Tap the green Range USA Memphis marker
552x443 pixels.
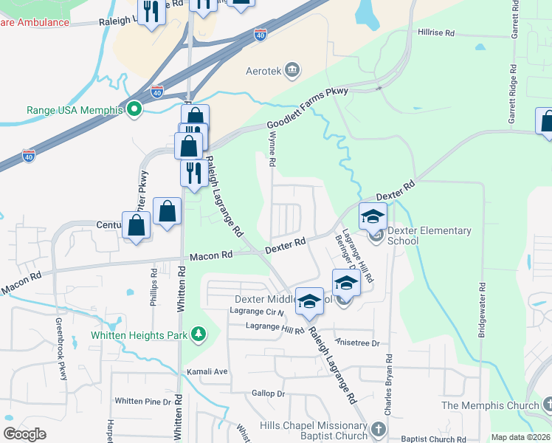click(x=134, y=110)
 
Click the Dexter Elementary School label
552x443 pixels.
click(x=429, y=236)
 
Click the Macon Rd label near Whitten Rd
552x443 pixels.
click(x=210, y=255)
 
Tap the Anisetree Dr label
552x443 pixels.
click(x=356, y=343)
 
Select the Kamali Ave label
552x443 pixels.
click(x=207, y=371)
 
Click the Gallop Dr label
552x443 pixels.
click(x=268, y=394)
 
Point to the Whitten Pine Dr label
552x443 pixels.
click(x=142, y=401)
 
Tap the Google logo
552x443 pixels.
click(x=24, y=433)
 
